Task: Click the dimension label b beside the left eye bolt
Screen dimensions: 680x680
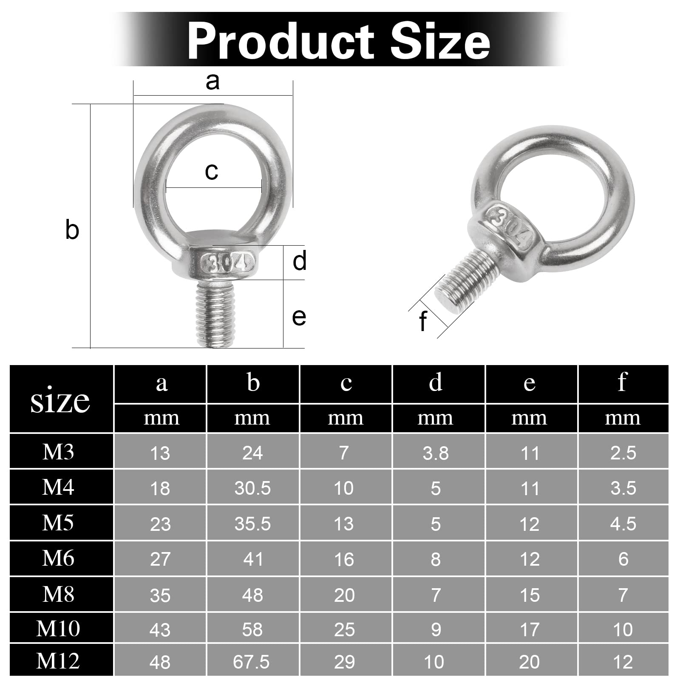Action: click(72, 230)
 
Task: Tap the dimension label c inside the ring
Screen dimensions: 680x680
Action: click(211, 171)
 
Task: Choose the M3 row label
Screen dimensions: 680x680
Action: click(58, 452)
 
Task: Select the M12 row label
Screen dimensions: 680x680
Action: click(58, 661)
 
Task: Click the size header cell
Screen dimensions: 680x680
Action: click(60, 400)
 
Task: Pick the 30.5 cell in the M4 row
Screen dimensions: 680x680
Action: click(252, 488)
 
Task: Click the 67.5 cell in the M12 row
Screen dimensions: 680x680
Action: click(251, 662)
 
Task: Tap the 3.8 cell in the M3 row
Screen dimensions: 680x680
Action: click(436, 453)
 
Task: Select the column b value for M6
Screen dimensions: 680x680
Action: click(253, 559)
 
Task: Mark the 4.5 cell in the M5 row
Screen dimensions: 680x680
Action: click(623, 524)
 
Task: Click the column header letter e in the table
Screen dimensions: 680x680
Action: click(530, 383)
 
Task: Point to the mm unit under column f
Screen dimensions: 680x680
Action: click(623, 418)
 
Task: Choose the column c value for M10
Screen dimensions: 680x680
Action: click(344, 629)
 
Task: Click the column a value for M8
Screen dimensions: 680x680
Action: click(160, 595)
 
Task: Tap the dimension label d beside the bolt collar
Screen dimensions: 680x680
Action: click(299, 261)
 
